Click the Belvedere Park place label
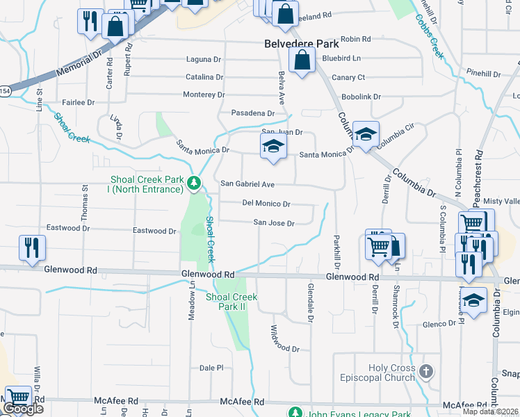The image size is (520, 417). (300, 43)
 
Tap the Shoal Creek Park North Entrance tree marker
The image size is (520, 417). (195, 184)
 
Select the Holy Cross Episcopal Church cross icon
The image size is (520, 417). (426, 372)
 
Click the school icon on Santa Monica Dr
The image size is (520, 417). (273, 147)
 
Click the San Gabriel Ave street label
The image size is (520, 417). (247, 184)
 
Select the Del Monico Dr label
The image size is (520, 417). (266, 204)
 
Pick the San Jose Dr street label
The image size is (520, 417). (274, 223)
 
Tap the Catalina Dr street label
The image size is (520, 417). (204, 77)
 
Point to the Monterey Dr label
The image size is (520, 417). (204, 95)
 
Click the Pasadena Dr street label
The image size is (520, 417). (253, 113)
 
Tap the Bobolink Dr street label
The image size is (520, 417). (361, 97)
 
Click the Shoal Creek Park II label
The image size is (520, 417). (231, 302)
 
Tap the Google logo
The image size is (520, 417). (22, 409)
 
